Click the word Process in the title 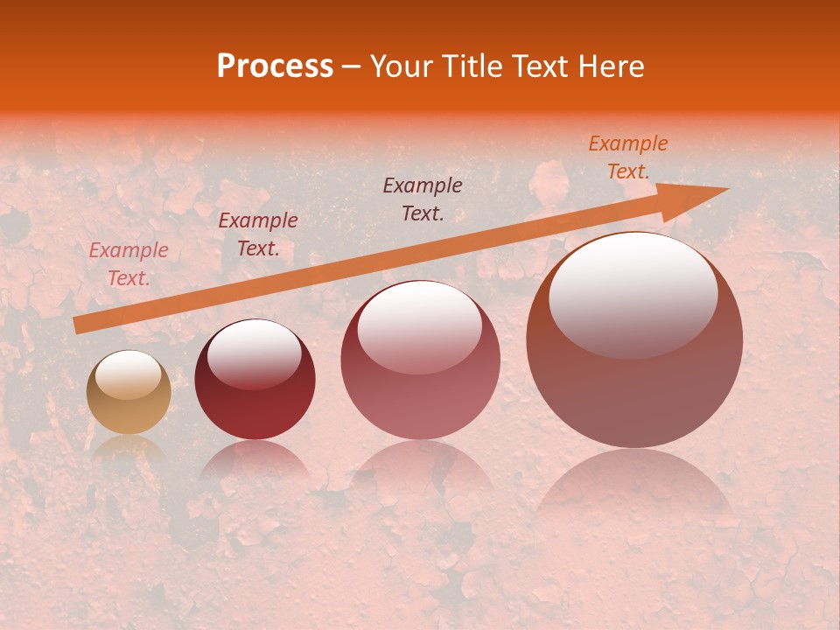(x=275, y=66)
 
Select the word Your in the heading (x=402, y=66)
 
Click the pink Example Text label (x=129, y=264)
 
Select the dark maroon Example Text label (x=258, y=234)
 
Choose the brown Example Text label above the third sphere (x=423, y=199)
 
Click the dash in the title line (x=352, y=66)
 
